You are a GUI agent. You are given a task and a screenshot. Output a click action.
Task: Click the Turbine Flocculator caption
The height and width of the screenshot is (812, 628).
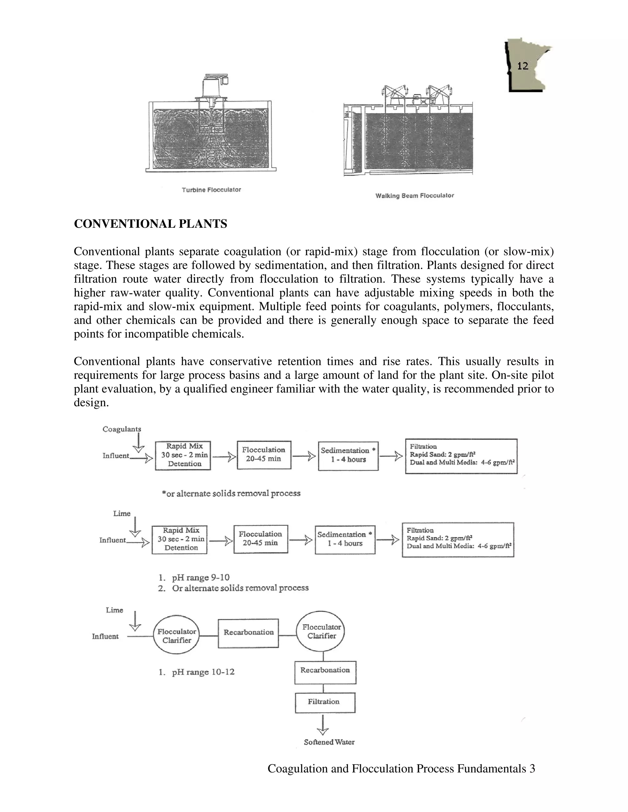[211, 190]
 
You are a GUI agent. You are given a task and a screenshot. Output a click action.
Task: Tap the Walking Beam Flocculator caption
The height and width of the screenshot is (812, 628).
[415, 195]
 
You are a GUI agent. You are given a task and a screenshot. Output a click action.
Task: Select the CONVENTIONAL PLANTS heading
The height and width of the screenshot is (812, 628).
[150, 224]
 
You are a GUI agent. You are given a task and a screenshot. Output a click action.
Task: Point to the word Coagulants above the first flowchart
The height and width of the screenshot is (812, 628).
[122, 429]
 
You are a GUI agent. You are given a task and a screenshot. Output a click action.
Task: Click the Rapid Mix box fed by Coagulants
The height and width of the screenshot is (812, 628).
[183, 455]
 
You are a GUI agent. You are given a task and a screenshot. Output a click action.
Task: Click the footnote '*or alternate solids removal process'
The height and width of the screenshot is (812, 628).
[231, 493]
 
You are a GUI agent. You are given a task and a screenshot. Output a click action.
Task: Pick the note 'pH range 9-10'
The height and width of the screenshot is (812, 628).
[200, 577]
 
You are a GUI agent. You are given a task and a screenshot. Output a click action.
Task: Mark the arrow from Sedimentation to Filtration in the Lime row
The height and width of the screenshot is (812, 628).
[389, 540]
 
